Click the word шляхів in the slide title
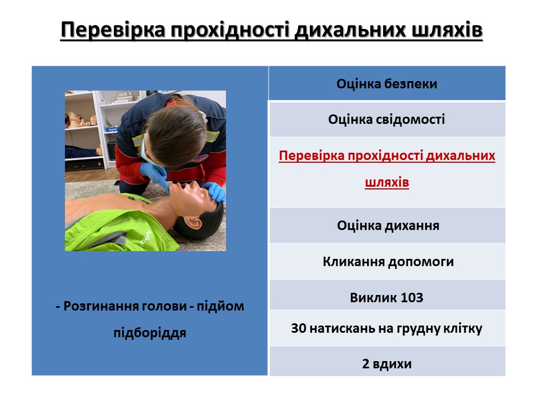click(447, 29)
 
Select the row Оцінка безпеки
click(387, 84)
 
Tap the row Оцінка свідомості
click(387, 119)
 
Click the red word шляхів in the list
click(387, 182)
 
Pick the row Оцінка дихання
click(387, 226)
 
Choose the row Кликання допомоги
click(387, 262)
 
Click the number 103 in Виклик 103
click(412, 298)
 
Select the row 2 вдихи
click(387, 363)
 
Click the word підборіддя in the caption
click(150, 333)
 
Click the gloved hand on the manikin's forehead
click(215, 192)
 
